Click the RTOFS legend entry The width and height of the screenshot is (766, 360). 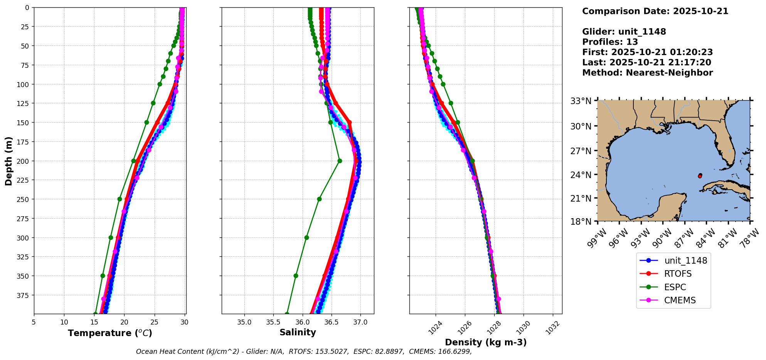[x=677, y=274]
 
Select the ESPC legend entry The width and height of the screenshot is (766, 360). [x=675, y=287]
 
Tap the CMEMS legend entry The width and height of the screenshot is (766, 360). [x=680, y=300]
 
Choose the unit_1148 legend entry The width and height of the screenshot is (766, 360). [x=685, y=261]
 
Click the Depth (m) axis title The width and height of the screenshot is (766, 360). [x=8, y=161]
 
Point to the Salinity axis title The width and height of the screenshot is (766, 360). [x=298, y=332]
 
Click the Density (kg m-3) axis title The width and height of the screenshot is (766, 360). [x=486, y=342]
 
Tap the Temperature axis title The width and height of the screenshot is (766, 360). [x=110, y=333]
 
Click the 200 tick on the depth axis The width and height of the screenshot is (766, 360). [x=23, y=161]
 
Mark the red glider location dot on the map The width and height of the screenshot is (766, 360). [x=700, y=176]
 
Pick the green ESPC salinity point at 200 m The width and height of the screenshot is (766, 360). [x=340, y=161]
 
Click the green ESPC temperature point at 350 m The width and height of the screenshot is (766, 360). [x=103, y=276]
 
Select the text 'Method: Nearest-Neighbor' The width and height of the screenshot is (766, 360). [x=647, y=73]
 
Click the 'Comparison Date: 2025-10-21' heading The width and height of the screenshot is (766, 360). [x=655, y=11]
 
